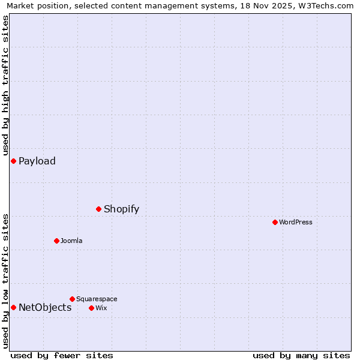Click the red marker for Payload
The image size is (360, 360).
13,161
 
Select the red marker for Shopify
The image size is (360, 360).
98,209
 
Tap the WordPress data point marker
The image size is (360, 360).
275,222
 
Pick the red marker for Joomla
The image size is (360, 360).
56,241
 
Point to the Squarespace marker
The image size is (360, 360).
72,299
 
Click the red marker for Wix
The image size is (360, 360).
91,308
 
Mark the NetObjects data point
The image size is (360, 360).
13,307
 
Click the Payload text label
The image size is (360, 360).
37,161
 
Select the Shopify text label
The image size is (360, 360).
121,209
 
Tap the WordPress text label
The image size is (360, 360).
296,222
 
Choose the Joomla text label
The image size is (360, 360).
71,241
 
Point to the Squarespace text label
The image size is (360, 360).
97,299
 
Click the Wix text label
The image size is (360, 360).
101,308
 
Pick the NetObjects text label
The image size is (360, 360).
45,307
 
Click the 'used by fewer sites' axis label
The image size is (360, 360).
62,355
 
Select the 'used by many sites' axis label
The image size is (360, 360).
301,355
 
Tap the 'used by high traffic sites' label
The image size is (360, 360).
5,85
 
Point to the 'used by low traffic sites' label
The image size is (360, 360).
5,281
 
